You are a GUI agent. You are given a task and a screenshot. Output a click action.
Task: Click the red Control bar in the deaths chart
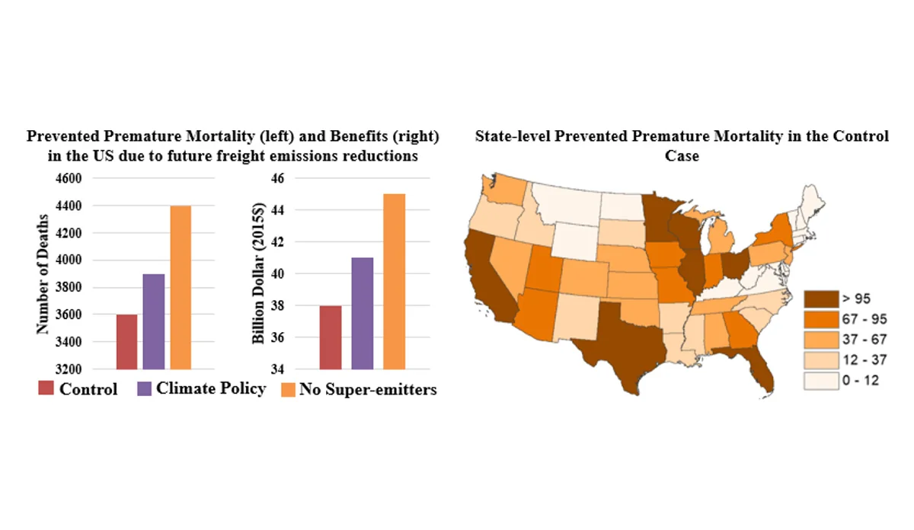tap(126, 341)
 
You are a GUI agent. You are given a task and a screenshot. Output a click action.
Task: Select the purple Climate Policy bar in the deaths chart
tap(153, 321)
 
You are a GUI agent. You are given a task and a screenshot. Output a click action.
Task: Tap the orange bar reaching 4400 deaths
tap(181, 287)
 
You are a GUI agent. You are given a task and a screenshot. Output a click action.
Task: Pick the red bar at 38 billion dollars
tap(331, 337)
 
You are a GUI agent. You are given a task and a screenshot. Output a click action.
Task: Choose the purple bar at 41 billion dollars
tap(363, 313)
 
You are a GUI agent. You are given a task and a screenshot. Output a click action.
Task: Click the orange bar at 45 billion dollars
tap(395, 281)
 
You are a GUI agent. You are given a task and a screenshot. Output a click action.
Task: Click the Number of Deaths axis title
tap(43, 275)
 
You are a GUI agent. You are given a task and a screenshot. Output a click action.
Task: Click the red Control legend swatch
tap(46, 389)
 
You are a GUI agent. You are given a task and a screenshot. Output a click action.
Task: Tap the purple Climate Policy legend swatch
tap(144, 389)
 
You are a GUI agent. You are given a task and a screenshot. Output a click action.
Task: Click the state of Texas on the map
tap(621, 343)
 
